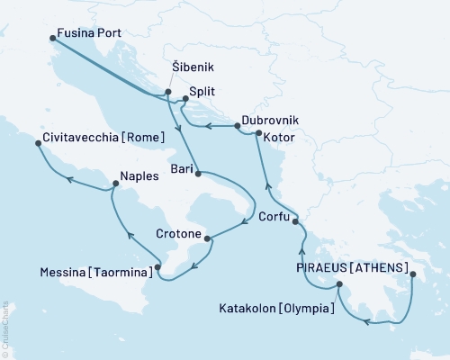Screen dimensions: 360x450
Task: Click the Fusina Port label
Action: pos(88,33)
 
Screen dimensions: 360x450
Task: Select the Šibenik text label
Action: pos(191,67)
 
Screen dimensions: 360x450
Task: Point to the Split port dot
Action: pos(178,100)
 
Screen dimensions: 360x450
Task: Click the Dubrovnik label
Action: pos(271,120)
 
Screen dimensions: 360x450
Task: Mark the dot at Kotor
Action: pos(258,134)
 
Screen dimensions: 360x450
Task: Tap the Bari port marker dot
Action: pos(197,172)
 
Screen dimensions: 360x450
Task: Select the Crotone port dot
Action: pos(209,238)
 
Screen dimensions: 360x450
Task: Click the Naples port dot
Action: pos(114,184)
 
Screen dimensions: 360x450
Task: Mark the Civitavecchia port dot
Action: pos(39,149)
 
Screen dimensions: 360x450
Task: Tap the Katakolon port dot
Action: pos(339,286)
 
